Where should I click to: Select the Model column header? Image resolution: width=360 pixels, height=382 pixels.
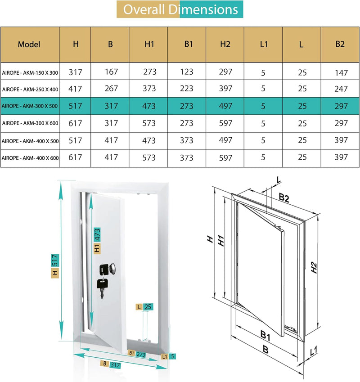[x=29, y=44]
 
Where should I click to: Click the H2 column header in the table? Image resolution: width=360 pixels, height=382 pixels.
[x=225, y=44]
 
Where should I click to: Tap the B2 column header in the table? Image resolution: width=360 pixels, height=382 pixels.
[x=340, y=44]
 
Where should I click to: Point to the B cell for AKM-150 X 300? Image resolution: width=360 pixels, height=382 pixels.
[x=110, y=72]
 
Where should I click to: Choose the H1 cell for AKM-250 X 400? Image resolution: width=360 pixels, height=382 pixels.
[x=149, y=89]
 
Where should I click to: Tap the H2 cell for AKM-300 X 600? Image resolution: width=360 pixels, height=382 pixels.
[x=225, y=123]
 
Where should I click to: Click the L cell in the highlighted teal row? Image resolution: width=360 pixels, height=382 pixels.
[x=302, y=106]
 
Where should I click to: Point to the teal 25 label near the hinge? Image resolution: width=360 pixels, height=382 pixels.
[x=148, y=307]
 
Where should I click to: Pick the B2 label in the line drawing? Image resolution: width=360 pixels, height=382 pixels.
[x=284, y=197]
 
